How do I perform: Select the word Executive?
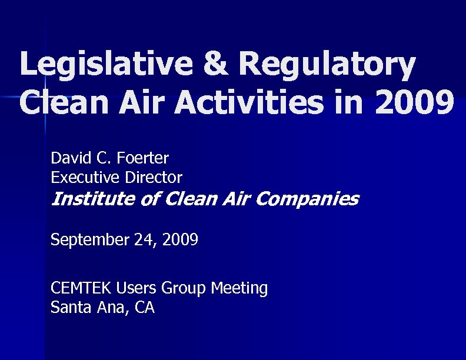point(87,177)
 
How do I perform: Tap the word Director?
point(155,177)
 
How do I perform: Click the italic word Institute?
point(94,199)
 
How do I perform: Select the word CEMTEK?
point(82,288)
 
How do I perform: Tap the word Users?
point(134,288)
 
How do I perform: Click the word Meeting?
point(239,289)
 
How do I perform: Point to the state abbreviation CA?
point(144,307)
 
